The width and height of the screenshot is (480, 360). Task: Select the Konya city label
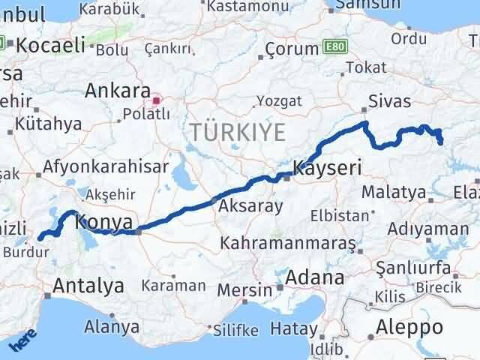(x=105, y=222)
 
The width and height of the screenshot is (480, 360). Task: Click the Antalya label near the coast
(x=88, y=286)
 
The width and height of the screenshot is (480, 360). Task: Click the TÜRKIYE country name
(x=238, y=133)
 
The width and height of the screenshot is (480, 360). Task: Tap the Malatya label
(x=393, y=193)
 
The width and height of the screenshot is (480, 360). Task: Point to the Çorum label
(x=292, y=49)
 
